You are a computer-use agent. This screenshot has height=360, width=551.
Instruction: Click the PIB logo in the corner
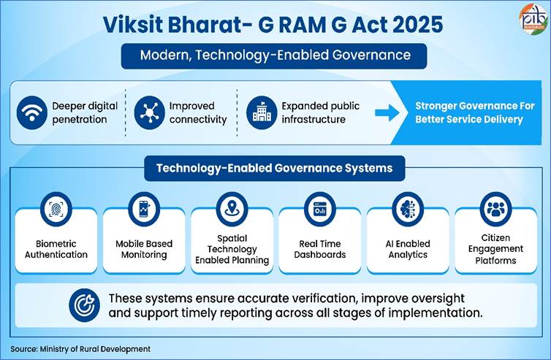click(x=533, y=18)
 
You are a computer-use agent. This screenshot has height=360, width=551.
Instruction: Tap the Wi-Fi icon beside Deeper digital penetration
click(x=32, y=112)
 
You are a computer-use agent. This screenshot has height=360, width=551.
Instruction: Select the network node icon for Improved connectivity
click(x=149, y=112)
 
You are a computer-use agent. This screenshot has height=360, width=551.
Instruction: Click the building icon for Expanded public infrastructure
click(x=262, y=112)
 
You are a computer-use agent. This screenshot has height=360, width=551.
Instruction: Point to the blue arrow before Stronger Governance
click(x=387, y=112)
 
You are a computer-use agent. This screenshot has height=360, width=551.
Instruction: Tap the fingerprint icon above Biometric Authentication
click(x=56, y=210)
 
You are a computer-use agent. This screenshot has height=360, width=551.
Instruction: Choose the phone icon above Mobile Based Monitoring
click(x=144, y=210)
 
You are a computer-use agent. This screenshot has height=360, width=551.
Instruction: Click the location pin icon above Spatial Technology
click(x=232, y=210)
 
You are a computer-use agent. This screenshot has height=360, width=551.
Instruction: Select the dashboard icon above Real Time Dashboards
click(x=320, y=210)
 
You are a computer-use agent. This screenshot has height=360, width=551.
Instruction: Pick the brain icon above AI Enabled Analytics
click(x=408, y=210)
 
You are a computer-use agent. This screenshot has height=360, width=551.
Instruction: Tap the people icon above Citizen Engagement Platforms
click(x=495, y=210)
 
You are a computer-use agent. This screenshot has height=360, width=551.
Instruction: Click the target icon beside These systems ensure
click(x=84, y=305)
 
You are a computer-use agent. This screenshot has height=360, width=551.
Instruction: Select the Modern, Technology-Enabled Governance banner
click(x=274, y=55)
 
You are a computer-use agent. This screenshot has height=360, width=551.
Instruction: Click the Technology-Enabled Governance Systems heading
click(x=275, y=168)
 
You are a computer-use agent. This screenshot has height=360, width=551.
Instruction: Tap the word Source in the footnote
click(x=23, y=349)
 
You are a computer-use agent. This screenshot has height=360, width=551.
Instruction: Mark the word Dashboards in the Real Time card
click(x=320, y=255)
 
